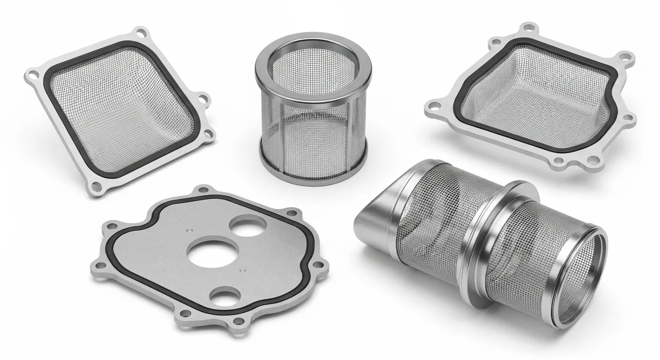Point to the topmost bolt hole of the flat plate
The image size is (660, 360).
(203, 190)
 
